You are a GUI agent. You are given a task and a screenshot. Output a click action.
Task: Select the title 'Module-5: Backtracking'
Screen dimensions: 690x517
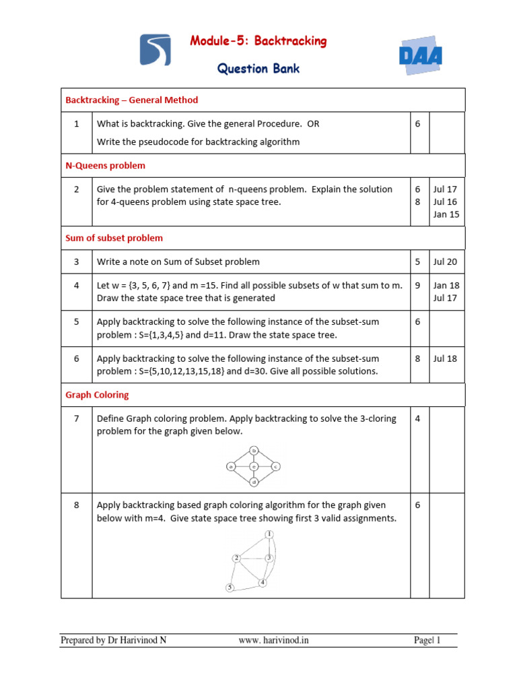[x=258, y=41]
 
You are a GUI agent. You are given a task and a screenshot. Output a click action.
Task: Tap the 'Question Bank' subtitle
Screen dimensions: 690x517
[x=258, y=68]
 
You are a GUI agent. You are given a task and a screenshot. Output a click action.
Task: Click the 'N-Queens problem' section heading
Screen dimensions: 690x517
[x=105, y=165]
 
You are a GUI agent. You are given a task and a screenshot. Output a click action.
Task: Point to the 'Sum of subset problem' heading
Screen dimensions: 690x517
[x=114, y=238]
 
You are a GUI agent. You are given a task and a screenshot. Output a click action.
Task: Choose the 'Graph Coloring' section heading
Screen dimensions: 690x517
[x=97, y=395]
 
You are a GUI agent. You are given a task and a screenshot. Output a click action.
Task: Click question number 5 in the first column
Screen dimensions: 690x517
[x=77, y=321]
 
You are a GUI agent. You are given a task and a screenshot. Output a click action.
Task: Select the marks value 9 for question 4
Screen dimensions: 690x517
[x=417, y=285]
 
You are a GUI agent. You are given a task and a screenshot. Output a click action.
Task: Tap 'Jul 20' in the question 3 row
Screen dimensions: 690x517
[x=445, y=261]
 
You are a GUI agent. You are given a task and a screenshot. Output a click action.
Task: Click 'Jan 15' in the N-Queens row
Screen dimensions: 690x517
[x=446, y=214]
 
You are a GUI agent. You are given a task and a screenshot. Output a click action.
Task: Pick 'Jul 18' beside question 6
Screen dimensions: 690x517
[x=445, y=358]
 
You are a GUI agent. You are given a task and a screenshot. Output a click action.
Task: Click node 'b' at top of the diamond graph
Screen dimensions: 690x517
[x=254, y=449]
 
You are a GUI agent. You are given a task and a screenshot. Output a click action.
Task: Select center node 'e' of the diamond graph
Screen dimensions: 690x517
[x=254, y=466]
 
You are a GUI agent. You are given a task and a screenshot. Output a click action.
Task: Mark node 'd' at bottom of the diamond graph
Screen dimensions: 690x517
[x=254, y=482]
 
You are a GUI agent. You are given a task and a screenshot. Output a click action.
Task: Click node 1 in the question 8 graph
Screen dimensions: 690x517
[x=269, y=534]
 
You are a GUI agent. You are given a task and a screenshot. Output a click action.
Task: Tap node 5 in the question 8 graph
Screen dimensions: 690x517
[x=230, y=588]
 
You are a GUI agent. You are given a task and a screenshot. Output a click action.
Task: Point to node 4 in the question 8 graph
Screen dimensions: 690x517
[x=263, y=582]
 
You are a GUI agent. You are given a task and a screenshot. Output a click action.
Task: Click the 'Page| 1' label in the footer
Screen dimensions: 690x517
[x=427, y=640]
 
